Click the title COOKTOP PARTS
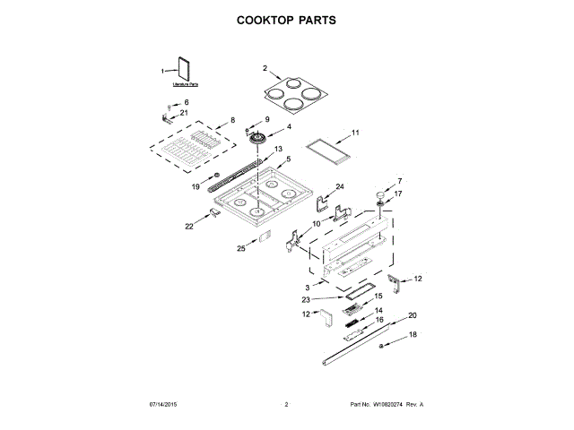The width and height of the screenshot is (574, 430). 286,19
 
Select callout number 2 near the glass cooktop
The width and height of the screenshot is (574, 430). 265,68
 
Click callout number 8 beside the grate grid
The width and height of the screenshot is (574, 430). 231,119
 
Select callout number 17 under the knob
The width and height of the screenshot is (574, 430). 399,193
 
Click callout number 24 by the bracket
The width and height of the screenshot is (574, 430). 340,186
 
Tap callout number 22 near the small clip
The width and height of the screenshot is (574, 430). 189,227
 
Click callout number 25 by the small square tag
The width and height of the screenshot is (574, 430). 240,248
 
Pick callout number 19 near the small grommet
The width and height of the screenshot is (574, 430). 196,186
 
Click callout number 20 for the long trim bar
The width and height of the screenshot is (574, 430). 413,314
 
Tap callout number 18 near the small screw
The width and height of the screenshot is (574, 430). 413,334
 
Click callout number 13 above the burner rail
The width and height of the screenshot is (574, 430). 278,148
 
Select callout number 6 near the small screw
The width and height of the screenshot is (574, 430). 187,102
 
